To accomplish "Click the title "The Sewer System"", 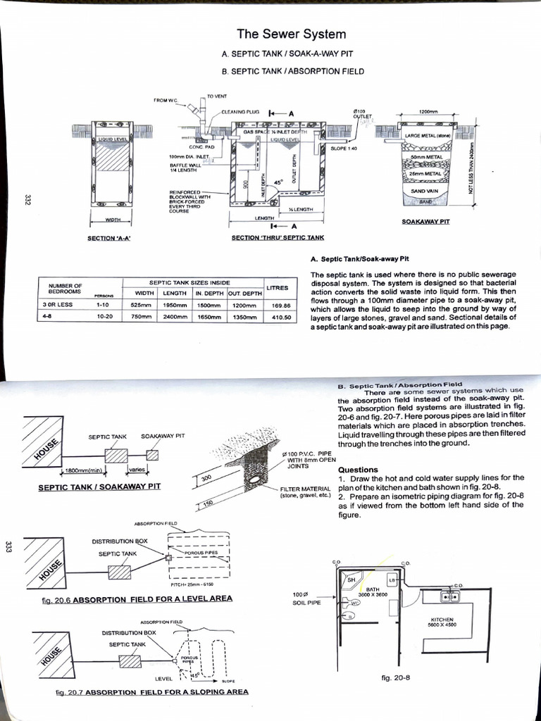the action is point(291,34).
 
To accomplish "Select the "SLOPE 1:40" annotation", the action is point(344,149).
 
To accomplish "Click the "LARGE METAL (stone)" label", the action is point(428,135).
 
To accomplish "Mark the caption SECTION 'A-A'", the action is point(108,238).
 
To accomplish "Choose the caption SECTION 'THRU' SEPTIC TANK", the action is point(278,238).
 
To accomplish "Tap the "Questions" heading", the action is point(358,470).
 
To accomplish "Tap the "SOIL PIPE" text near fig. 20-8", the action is point(306,603).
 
